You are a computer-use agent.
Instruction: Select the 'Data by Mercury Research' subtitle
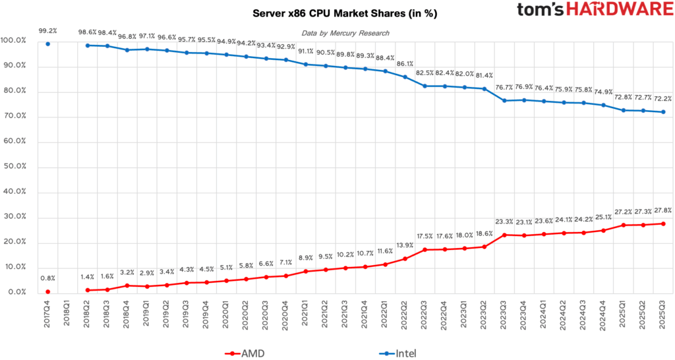pos(345,33)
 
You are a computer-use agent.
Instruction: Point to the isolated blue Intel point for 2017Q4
pos(48,44)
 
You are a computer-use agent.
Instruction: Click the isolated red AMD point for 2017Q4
pos(48,291)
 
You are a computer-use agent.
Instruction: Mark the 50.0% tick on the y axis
pos(14,167)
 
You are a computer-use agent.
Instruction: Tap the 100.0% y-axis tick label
pos(14,41)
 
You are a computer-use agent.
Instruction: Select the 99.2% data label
pos(48,30)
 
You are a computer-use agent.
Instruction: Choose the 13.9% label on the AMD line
pos(405,245)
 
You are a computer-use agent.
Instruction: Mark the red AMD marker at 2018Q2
pos(88,290)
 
